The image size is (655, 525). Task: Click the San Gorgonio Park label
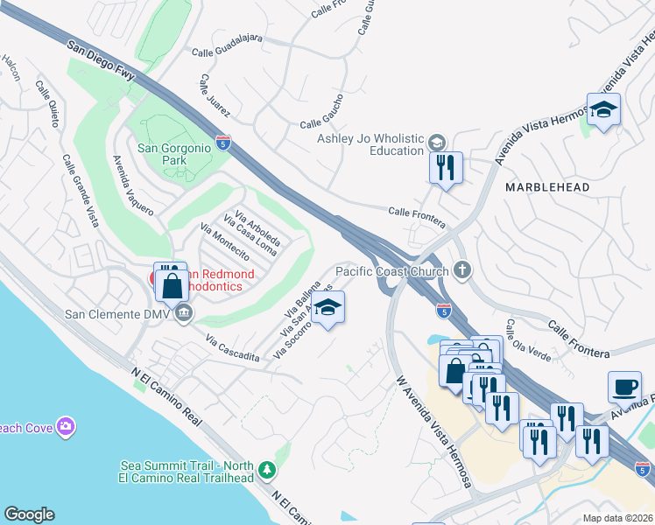click(174, 154)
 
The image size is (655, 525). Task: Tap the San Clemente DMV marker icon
click(184, 313)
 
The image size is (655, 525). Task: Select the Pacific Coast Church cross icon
click(461, 270)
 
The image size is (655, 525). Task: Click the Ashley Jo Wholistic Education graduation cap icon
click(435, 143)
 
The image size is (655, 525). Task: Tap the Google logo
click(29, 514)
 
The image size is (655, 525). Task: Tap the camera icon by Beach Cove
click(65, 426)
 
